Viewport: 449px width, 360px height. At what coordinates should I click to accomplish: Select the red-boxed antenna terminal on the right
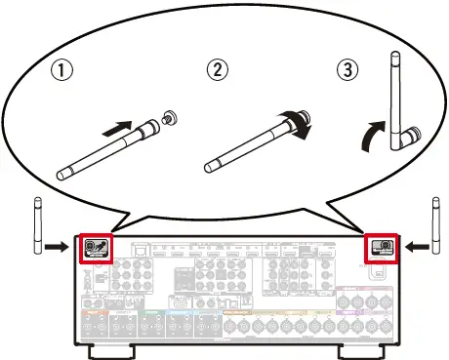click(382, 247)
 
